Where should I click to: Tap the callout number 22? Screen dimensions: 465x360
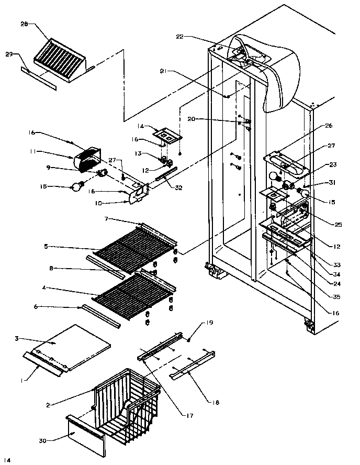point(179,37)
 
